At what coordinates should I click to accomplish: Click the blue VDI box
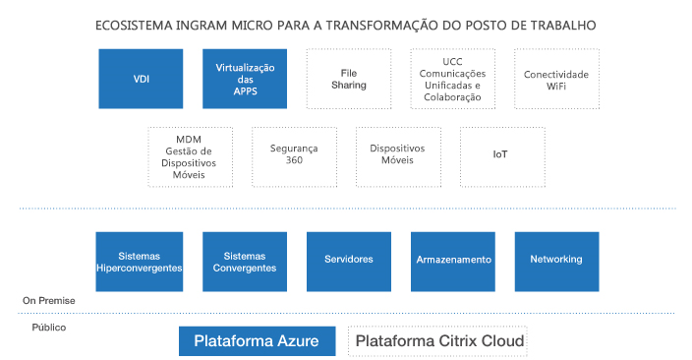click(x=141, y=79)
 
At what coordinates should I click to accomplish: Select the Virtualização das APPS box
click(x=245, y=79)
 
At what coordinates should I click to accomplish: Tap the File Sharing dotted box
click(x=349, y=79)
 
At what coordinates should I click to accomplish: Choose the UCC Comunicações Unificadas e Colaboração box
click(x=452, y=79)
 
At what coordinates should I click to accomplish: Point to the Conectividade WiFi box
click(x=556, y=79)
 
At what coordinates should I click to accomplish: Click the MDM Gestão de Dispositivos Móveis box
click(x=192, y=155)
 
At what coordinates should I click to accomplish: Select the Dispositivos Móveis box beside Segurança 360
click(x=397, y=155)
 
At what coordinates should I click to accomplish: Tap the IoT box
click(x=501, y=155)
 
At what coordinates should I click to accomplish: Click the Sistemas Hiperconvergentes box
click(x=141, y=261)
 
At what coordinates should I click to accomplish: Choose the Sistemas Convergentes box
click(x=245, y=261)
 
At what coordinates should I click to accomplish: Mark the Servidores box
click(x=349, y=261)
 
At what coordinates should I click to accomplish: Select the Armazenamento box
click(x=452, y=261)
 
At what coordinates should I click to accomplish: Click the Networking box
click(x=556, y=261)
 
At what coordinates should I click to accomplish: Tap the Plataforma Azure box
click(x=257, y=341)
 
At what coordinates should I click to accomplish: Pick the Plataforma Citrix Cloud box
click(x=438, y=341)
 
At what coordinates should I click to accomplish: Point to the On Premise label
click(x=49, y=301)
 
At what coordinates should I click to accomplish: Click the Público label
click(x=48, y=327)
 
